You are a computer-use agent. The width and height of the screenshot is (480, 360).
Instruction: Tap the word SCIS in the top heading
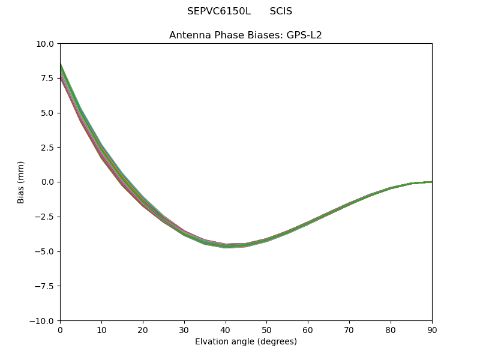(281, 11)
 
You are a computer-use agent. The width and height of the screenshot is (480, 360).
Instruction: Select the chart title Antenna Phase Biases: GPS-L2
(245, 35)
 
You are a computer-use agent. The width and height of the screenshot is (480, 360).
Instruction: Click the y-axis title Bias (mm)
(21, 182)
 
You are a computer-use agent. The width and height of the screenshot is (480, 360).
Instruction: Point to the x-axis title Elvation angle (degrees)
(245, 342)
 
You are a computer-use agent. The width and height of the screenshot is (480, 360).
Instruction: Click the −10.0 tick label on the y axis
(43, 321)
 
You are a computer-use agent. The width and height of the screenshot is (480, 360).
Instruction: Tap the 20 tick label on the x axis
(143, 330)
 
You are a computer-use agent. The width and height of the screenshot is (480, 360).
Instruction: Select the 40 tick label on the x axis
(226, 330)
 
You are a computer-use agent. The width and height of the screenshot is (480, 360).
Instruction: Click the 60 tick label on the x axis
(308, 330)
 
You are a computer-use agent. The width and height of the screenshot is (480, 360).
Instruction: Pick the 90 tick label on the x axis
(431, 330)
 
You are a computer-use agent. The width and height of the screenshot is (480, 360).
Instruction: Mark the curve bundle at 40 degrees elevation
(226, 245)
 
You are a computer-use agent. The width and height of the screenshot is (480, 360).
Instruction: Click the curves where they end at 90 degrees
(431, 182)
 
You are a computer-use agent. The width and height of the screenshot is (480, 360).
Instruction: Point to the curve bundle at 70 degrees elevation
(349, 204)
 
